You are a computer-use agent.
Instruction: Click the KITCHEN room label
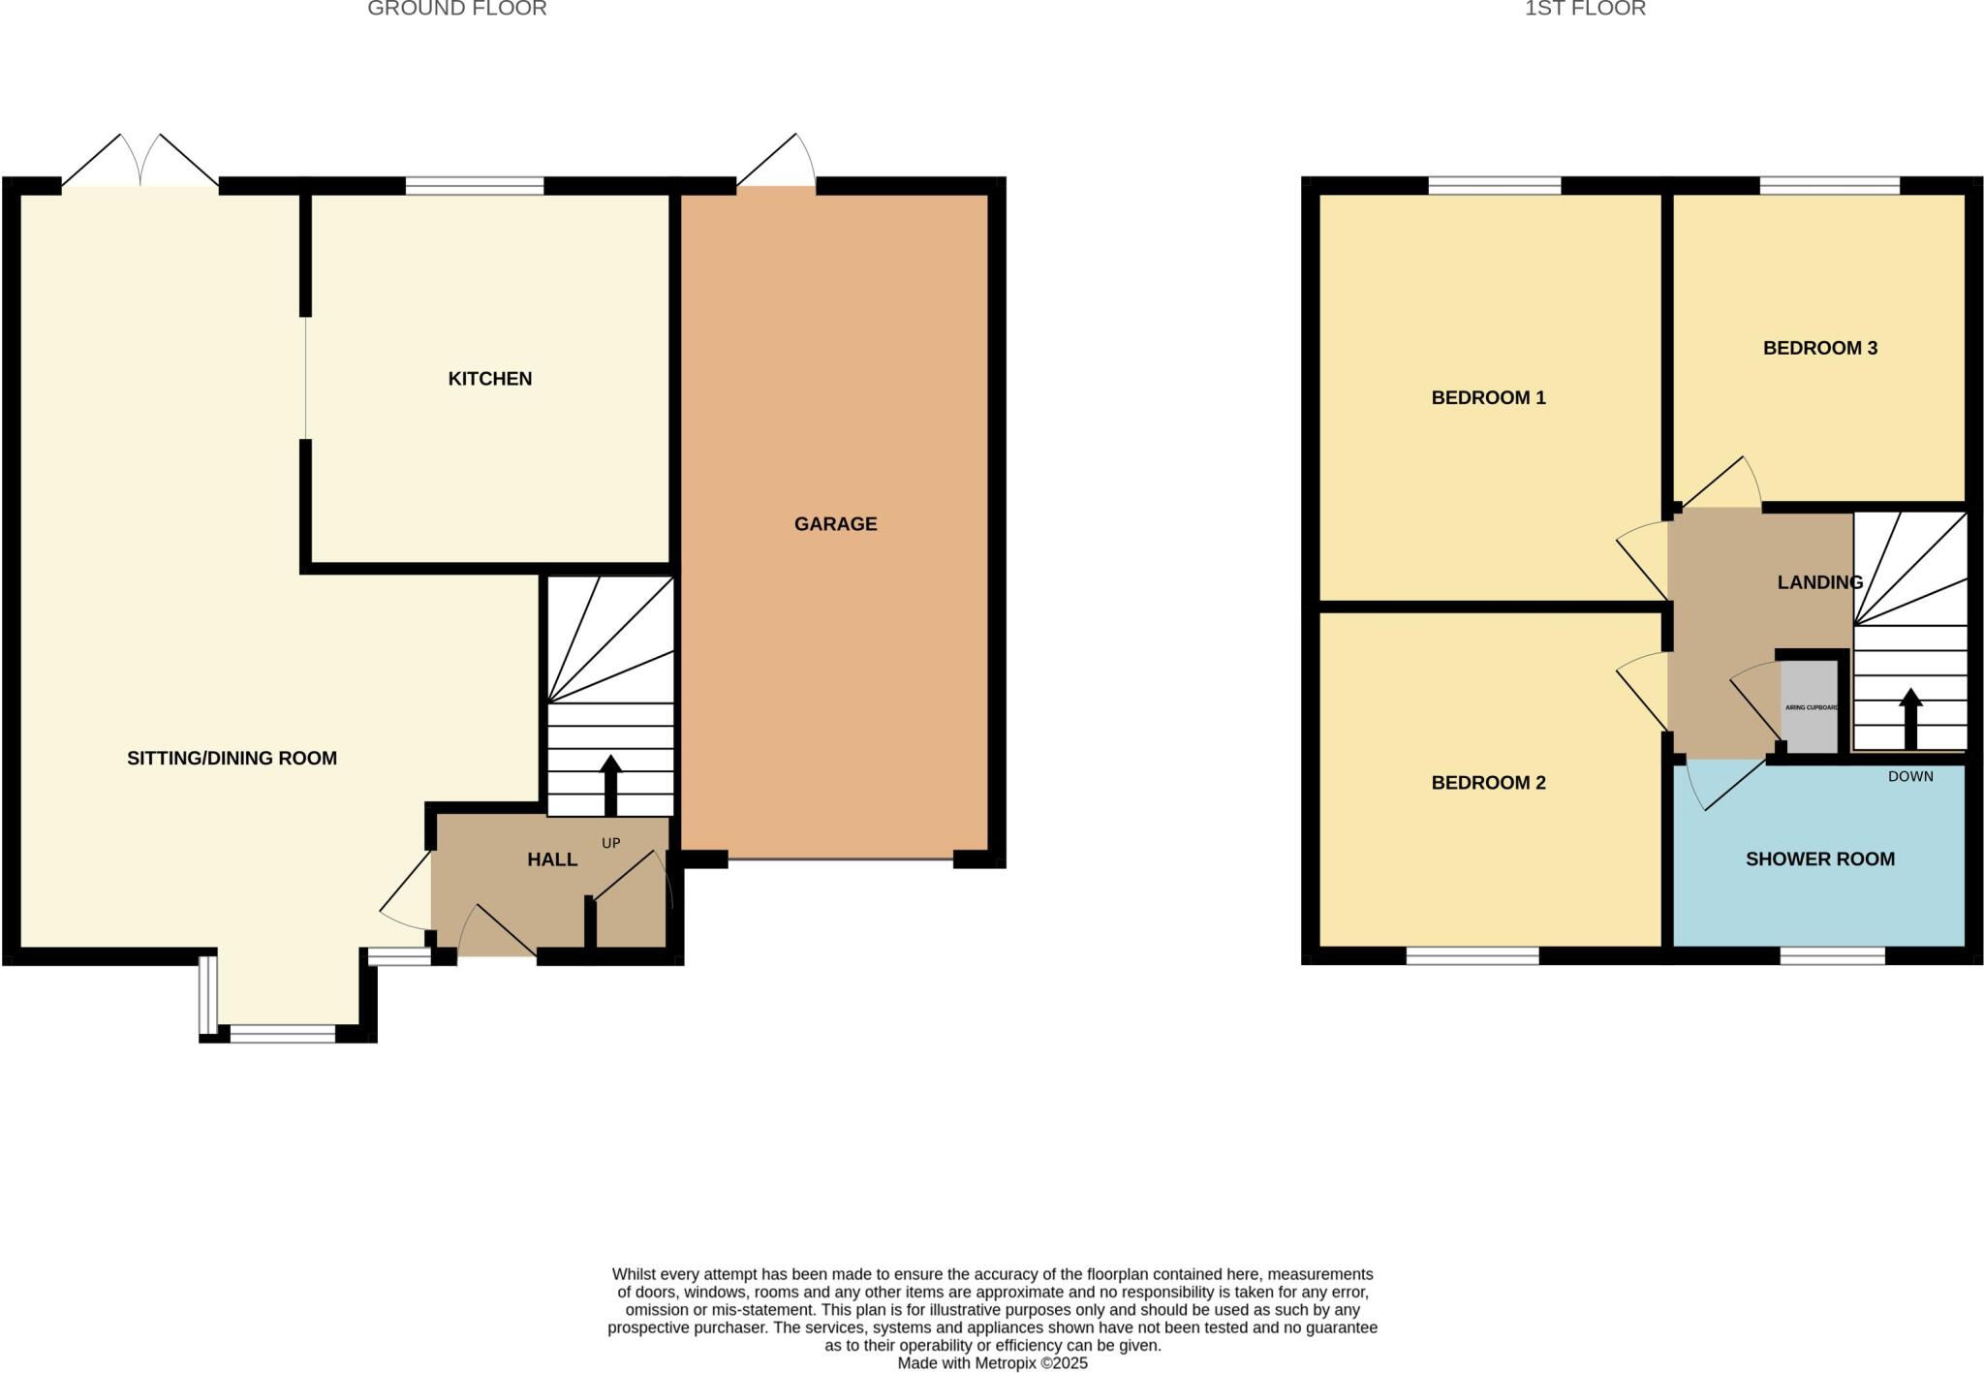tap(489, 379)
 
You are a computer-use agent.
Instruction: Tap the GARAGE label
tap(835, 524)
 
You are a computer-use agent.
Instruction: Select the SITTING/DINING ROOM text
tap(232, 759)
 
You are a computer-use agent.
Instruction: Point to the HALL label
tap(552, 859)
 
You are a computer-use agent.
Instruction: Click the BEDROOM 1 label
tap(1488, 397)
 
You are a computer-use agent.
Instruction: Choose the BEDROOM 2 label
tap(1488, 783)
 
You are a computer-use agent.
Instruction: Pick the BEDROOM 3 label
tap(1819, 348)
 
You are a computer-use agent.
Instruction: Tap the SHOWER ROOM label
tap(1819, 859)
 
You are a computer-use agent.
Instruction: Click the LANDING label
tap(1819, 582)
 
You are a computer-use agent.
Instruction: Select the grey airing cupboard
tap(1810, 707)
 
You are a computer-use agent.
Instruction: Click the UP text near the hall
tap(610, 843)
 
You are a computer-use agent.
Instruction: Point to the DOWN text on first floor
tap(1909, 776)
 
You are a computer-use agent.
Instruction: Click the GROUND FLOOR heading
tap(456, 9)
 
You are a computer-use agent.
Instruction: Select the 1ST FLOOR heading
tap(1585, 9)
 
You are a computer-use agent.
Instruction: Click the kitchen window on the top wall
tap(475, 186)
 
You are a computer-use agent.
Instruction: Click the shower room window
tap(1832, 956)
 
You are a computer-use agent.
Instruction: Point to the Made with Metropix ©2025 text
tap(992, 1363)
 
